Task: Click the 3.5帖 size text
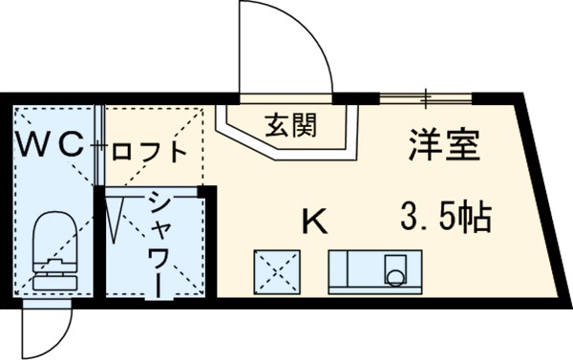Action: [444, 219]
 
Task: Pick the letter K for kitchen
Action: [314, 222]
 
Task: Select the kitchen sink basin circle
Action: [394, 277]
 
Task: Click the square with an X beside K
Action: [276, 271]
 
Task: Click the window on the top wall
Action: [426, 97]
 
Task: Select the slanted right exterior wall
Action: [545, 201]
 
